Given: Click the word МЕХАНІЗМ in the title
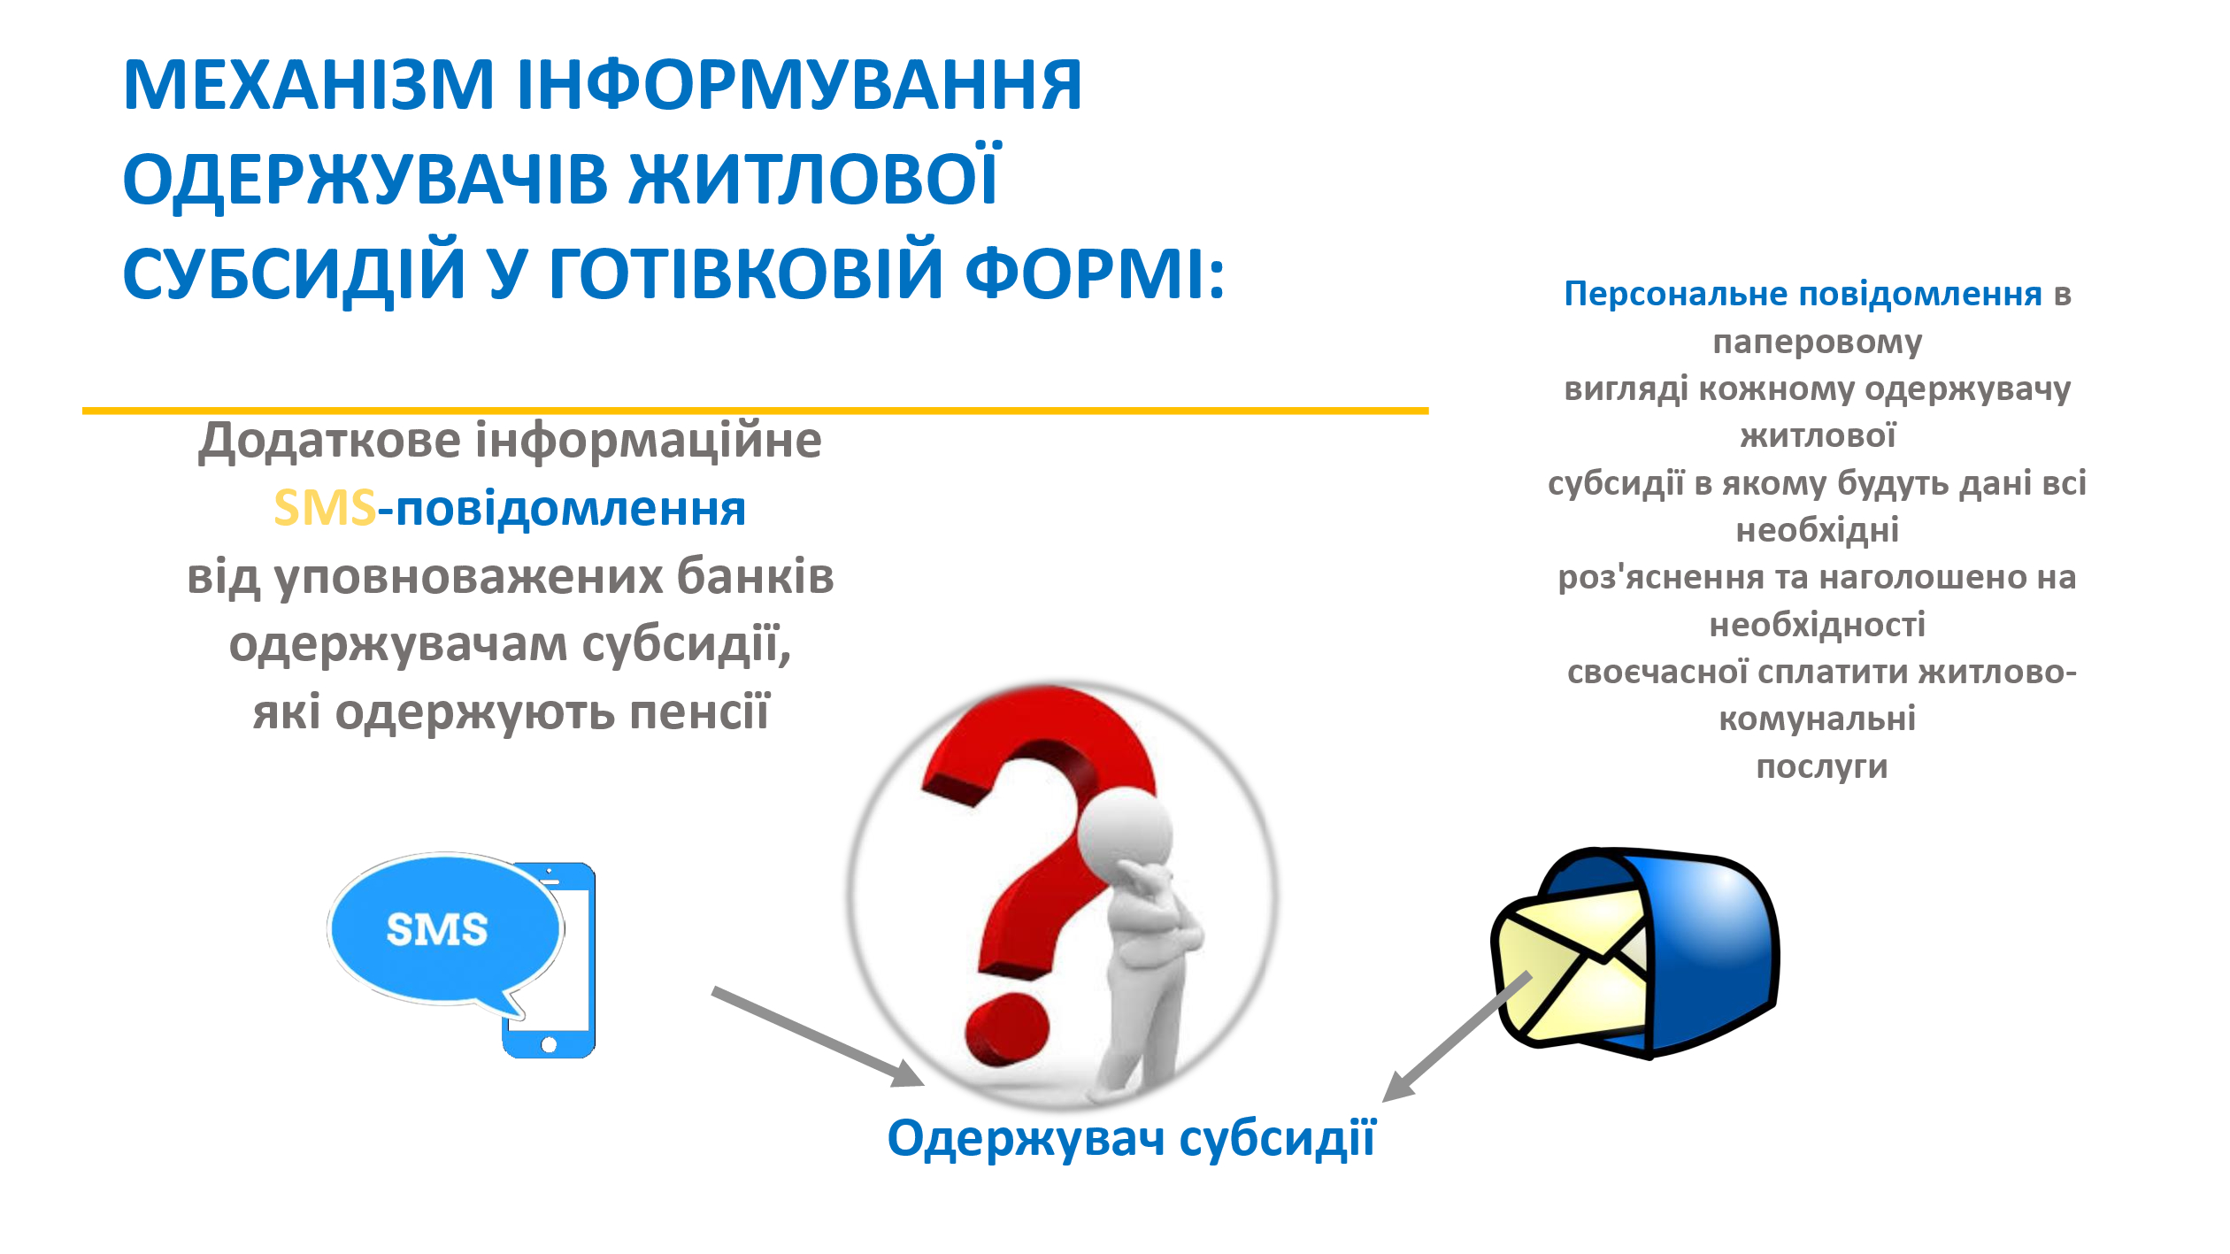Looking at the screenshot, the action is point(308,85).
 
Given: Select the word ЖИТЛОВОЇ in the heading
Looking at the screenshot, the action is point(814,177).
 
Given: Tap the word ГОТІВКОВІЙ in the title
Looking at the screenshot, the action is point(745,272).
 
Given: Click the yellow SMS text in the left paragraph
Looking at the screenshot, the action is point(325,508).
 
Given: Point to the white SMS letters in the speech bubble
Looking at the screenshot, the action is point(437,930).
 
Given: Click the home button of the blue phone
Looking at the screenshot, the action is point(549,1045).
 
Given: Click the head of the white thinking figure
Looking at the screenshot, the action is point(1126,833).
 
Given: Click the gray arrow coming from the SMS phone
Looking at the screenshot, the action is point(818,1036).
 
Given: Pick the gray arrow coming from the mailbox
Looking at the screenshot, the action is point(1457,1036).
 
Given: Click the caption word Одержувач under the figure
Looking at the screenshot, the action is point(1027,1139).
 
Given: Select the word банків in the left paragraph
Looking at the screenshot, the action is point(756,576).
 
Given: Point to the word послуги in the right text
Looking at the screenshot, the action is point(1822,767).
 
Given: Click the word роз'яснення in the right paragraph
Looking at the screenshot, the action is point(1661,577).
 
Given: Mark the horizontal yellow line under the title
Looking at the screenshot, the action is point(756,411).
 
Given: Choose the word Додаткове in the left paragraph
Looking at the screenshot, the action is point(330,440).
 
